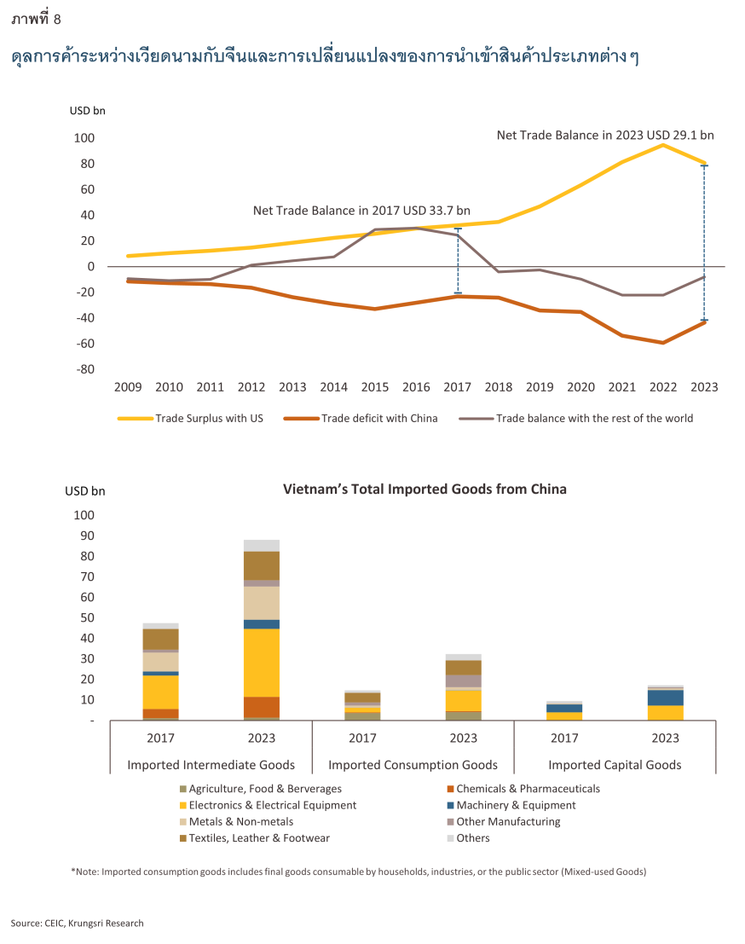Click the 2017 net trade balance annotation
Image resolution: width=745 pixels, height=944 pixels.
pyautogui.click(x=361, y=211)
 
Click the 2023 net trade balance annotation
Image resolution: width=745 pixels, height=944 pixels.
pyautogui.click(x=605, y=135)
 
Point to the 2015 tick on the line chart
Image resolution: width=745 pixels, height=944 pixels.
pyautogui.click(x=375, y=387)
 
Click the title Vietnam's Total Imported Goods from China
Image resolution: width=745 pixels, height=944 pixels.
pyautogui.click(x=424, y=489)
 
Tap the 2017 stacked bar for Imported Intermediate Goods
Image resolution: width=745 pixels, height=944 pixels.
pyautogui.click(x=160, y=672)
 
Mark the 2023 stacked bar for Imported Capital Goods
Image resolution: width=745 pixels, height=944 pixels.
pyautogui.click(x=665, y=703)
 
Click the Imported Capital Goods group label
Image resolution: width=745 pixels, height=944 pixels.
pyautogui.click(x=615, y=765)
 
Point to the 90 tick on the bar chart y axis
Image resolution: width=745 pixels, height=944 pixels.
pyautogui.click(x=84, y=536)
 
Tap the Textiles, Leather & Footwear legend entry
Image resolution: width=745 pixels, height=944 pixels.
pyautogui.click(x=259, y=837)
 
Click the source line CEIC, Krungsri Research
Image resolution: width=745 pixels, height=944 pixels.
pyautogui.click(x=78, y=923)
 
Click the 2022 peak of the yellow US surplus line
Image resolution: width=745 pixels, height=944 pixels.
pyautogui.click(x=663, y=145)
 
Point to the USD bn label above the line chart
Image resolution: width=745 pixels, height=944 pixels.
pyautogui.click(x=87, y=110)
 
